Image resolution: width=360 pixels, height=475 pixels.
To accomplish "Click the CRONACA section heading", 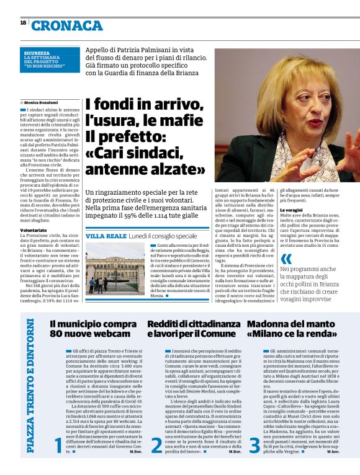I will (67, 25).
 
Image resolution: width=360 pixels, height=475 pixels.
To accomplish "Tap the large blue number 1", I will (58, 461).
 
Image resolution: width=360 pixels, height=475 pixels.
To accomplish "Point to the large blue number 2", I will (156, 461).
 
